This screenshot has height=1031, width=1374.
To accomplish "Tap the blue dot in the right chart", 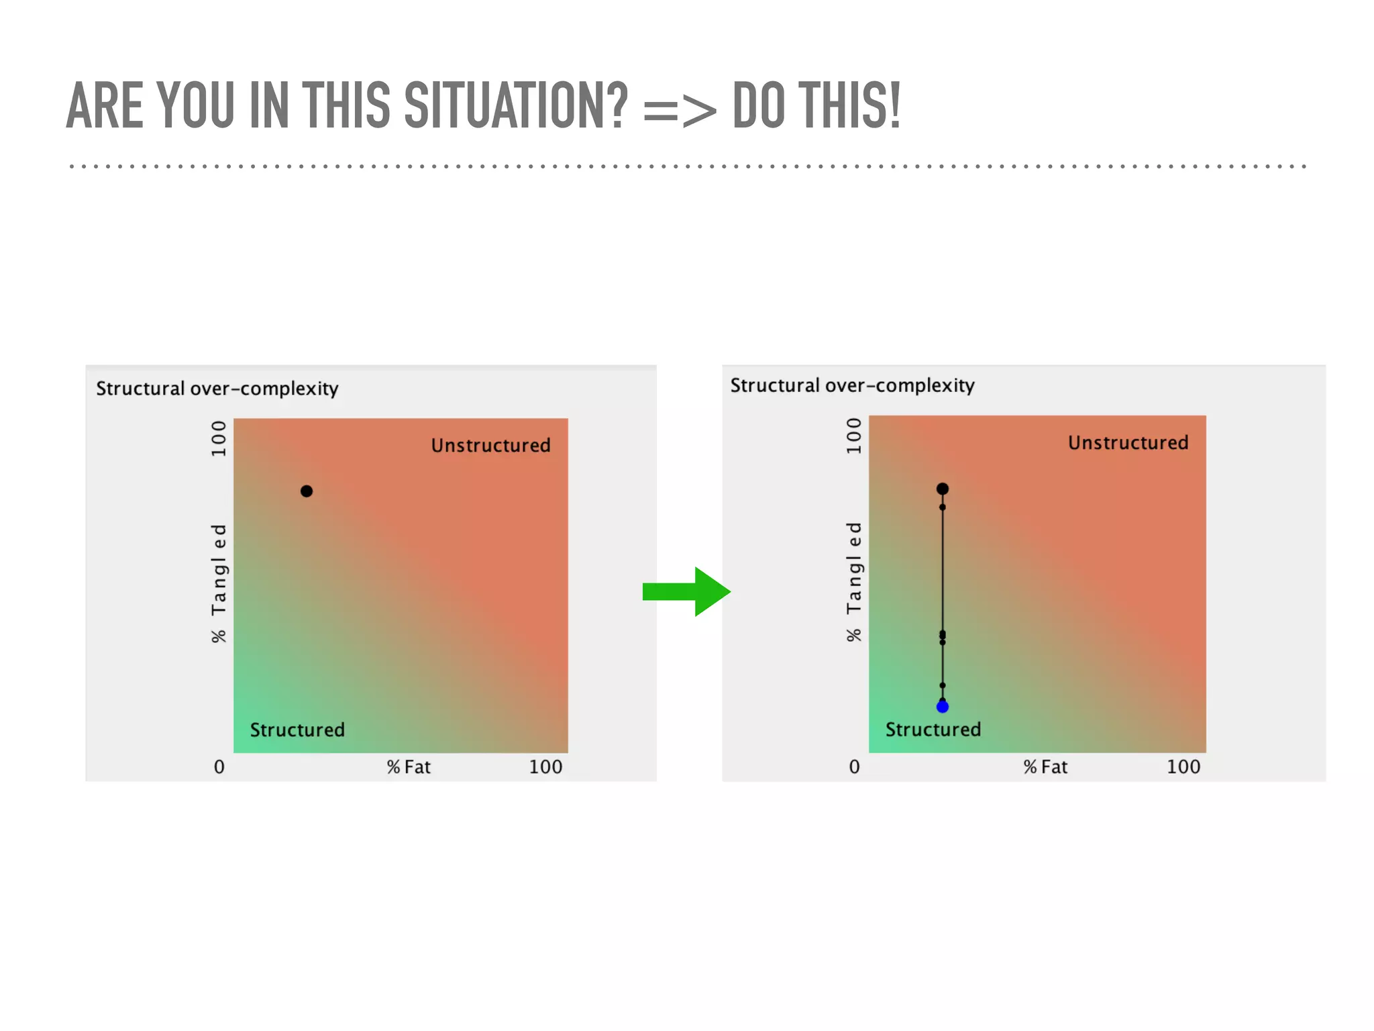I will coord(942,706).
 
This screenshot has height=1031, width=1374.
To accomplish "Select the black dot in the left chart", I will coord(307,491).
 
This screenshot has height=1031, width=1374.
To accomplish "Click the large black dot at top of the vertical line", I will coord(942,489).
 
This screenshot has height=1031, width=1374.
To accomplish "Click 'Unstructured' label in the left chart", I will coord(490,446).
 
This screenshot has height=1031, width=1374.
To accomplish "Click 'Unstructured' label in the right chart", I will coord(1128,443).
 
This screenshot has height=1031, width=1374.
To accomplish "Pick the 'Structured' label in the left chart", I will coord(297,730).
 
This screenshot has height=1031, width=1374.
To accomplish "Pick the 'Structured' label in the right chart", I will coord(933,729).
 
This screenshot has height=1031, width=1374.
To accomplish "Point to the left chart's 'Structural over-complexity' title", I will coord(217,389).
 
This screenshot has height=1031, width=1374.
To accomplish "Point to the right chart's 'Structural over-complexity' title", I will coord(852,385).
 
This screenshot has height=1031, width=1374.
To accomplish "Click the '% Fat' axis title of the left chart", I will coord(409,767).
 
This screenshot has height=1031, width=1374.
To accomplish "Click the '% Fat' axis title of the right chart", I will coord(1045,767).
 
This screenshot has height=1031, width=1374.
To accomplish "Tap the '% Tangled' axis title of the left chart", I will coord(219,583).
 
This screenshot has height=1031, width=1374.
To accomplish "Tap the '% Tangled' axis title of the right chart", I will coord(853,581).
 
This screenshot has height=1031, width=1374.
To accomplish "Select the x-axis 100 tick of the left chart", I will coord(545,767).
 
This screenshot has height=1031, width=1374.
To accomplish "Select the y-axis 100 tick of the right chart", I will coord(853,436).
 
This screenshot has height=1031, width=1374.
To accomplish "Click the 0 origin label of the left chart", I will coord(219,767).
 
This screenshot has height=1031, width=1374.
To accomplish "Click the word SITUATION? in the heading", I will coord(516,105).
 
